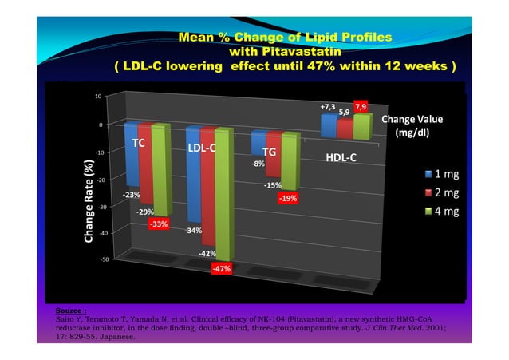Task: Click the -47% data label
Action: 221,269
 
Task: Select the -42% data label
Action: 207,254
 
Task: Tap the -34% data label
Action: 192,231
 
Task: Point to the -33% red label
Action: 159,224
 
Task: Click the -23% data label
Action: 132,195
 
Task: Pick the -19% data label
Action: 288,198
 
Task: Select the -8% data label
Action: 258,164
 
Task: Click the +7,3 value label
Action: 327,106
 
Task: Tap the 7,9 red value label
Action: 361,106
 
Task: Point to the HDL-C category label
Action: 341,157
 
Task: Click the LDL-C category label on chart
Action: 203,148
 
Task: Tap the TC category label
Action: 138,144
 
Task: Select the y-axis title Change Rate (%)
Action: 89,200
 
